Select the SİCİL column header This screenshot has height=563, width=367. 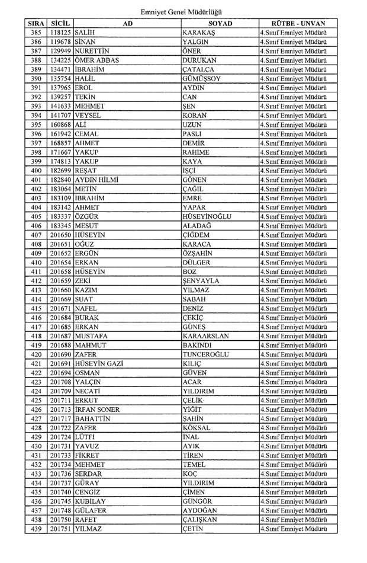[61, 23]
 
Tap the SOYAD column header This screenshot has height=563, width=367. [220, 23]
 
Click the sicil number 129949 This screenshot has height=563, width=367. [61, 51]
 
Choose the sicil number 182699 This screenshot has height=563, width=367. [61, 171]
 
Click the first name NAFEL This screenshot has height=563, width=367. [86, 308]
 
